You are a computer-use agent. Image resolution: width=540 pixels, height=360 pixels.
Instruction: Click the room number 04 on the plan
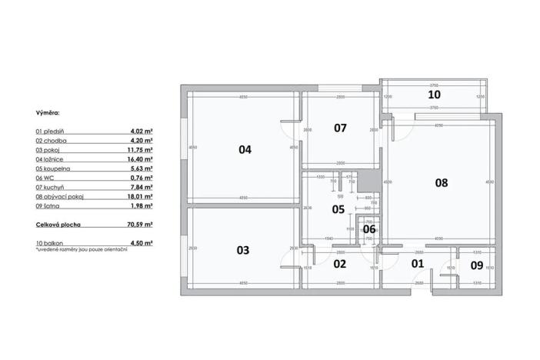pos(245,150)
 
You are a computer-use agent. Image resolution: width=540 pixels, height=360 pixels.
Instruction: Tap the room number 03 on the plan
pos(242,250)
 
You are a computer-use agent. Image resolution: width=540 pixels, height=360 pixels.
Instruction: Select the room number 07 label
pos(341,128)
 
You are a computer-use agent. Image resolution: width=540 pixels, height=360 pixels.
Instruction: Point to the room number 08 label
pos(441,183)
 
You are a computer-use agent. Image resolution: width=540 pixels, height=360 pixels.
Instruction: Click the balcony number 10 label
pos(435,95)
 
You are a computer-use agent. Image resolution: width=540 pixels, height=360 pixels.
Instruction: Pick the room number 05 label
pos(338,208)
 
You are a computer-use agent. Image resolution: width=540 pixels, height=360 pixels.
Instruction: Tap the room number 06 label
pos(369,228)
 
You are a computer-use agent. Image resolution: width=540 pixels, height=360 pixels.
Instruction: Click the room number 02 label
pos(339,264)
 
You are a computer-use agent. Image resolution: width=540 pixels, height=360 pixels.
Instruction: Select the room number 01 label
pos(418,264)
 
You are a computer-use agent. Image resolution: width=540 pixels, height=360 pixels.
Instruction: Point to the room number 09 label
pos(476,266)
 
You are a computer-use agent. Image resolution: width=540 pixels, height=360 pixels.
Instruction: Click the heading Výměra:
pos(48,112)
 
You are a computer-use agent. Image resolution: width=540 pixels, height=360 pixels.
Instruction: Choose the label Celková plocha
pos(58,224)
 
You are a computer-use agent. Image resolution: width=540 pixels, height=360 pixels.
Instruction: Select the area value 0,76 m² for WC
pos(142,177)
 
